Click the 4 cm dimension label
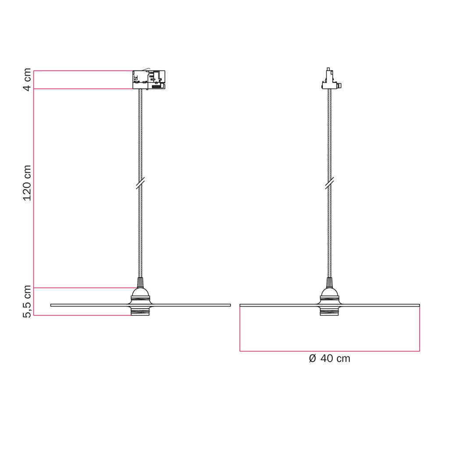click(x=27, y=80)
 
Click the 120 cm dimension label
click(x=27, y=183)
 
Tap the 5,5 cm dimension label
click(x=27, y=302)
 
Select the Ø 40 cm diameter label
click(x=330, y=358)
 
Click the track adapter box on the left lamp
click(x=149, y=80)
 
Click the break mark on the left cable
click(x=140, y=183)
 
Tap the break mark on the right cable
click(x=330, y=183)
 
